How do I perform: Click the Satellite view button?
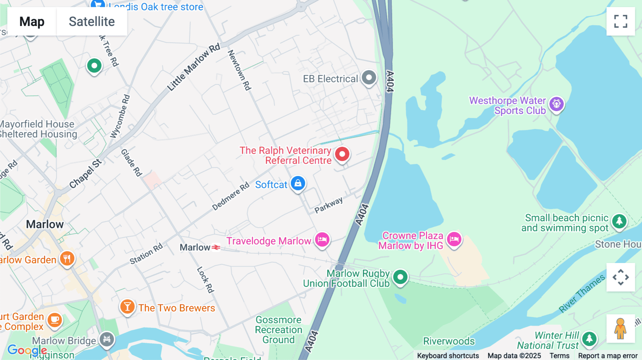click(92, 22)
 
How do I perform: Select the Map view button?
click(32, 22)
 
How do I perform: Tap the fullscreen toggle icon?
click(621, 21)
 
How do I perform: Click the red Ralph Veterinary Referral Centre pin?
click(342, 154)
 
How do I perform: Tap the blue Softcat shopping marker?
click(298, 184)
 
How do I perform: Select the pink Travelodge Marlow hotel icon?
click(322, 240)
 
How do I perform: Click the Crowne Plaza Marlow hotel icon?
click(454, 239)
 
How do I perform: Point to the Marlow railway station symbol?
click(216, 247)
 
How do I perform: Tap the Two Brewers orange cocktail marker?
click(127, 307)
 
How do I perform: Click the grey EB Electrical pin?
click(369, 78)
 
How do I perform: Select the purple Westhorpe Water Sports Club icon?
click(556, 104)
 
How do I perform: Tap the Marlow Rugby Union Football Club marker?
click(400, 277)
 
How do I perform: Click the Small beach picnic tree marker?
click(619, 221)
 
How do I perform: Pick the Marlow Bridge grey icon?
click(107, 339)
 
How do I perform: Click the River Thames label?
click(581, 294)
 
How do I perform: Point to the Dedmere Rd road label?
click(230, 196)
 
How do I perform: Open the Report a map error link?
click(608, 356)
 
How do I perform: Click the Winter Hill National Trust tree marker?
click(589, 339)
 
